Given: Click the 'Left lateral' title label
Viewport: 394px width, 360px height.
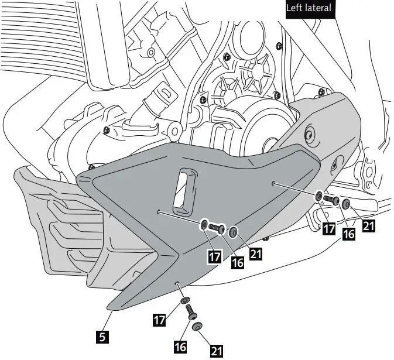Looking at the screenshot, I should pyautogui.click(x=309, y=8).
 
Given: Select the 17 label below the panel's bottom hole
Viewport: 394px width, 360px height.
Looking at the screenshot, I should pyautogui.click(x=159, y=320).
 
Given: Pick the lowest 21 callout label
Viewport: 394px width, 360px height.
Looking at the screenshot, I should pyautogui.click(x=217, y=351).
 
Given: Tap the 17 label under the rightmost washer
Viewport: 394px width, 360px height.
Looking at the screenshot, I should pyautogui.click(x=330, y=228).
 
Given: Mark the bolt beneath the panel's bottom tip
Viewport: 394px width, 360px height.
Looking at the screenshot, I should pyautogui.click(x=191, y=315).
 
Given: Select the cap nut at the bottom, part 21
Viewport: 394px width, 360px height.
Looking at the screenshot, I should pyautogui.click(x=198, y=326).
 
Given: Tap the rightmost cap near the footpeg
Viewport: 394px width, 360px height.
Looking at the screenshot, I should pyautogui.click(x=347, y=204).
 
